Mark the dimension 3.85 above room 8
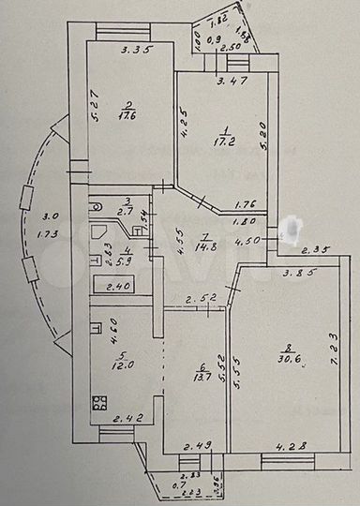300,273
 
